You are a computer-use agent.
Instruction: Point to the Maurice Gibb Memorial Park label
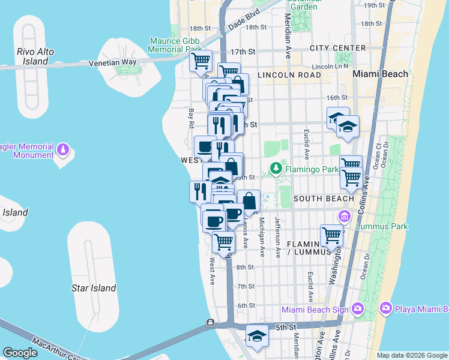176,45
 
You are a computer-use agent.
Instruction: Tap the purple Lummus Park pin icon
345,215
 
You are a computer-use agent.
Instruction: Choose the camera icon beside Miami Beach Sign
358,308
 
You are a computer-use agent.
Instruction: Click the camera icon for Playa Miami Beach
385,308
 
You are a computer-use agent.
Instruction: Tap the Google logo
20,353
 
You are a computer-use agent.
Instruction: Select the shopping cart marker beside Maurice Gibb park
200,61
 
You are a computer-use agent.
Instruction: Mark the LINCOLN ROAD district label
289,75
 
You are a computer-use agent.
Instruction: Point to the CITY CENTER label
338,48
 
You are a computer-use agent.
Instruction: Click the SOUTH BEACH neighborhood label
324,198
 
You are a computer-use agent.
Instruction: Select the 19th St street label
374,5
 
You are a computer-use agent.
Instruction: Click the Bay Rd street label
192,118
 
